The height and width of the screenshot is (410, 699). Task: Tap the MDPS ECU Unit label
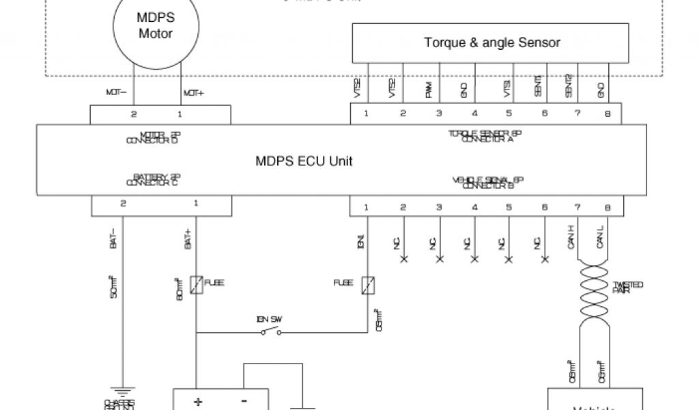click(x=304, y=161)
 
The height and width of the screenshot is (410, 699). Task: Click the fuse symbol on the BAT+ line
click(x=196, y=283)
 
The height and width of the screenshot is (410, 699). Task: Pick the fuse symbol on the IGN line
click(x=368, y=283)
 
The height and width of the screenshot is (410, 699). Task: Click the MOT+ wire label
click(x=193, y=93)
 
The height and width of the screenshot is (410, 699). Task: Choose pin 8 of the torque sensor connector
click(x=607, y=114)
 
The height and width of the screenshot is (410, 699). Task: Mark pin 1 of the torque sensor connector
click(x=367, y=114)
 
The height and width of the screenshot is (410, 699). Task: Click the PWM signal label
click(x=428, y=90)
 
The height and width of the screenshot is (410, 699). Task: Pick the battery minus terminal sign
click(x=244, y=402)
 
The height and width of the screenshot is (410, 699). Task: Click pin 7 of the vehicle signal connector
click(x=577, y=206)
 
